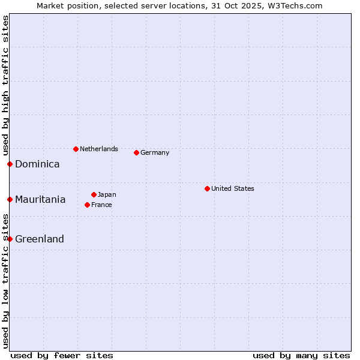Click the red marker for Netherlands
point(76,149)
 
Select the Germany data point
point(136,152)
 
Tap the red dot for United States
point(207,188)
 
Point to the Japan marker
point(94,194)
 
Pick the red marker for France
point(88,205)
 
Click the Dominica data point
point(10,164)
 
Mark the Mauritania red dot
point(10,199)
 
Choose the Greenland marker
point(10,239)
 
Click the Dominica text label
point(37,164)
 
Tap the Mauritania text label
point(40,199)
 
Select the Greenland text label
point(40,239)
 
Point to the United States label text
point(233,188)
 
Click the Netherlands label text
point(99,149)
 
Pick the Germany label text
point(155,152)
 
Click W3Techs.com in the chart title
point(296,5)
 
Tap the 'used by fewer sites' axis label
point(62,355)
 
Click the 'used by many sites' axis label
point(301,355)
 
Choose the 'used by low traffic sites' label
point(5,282)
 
